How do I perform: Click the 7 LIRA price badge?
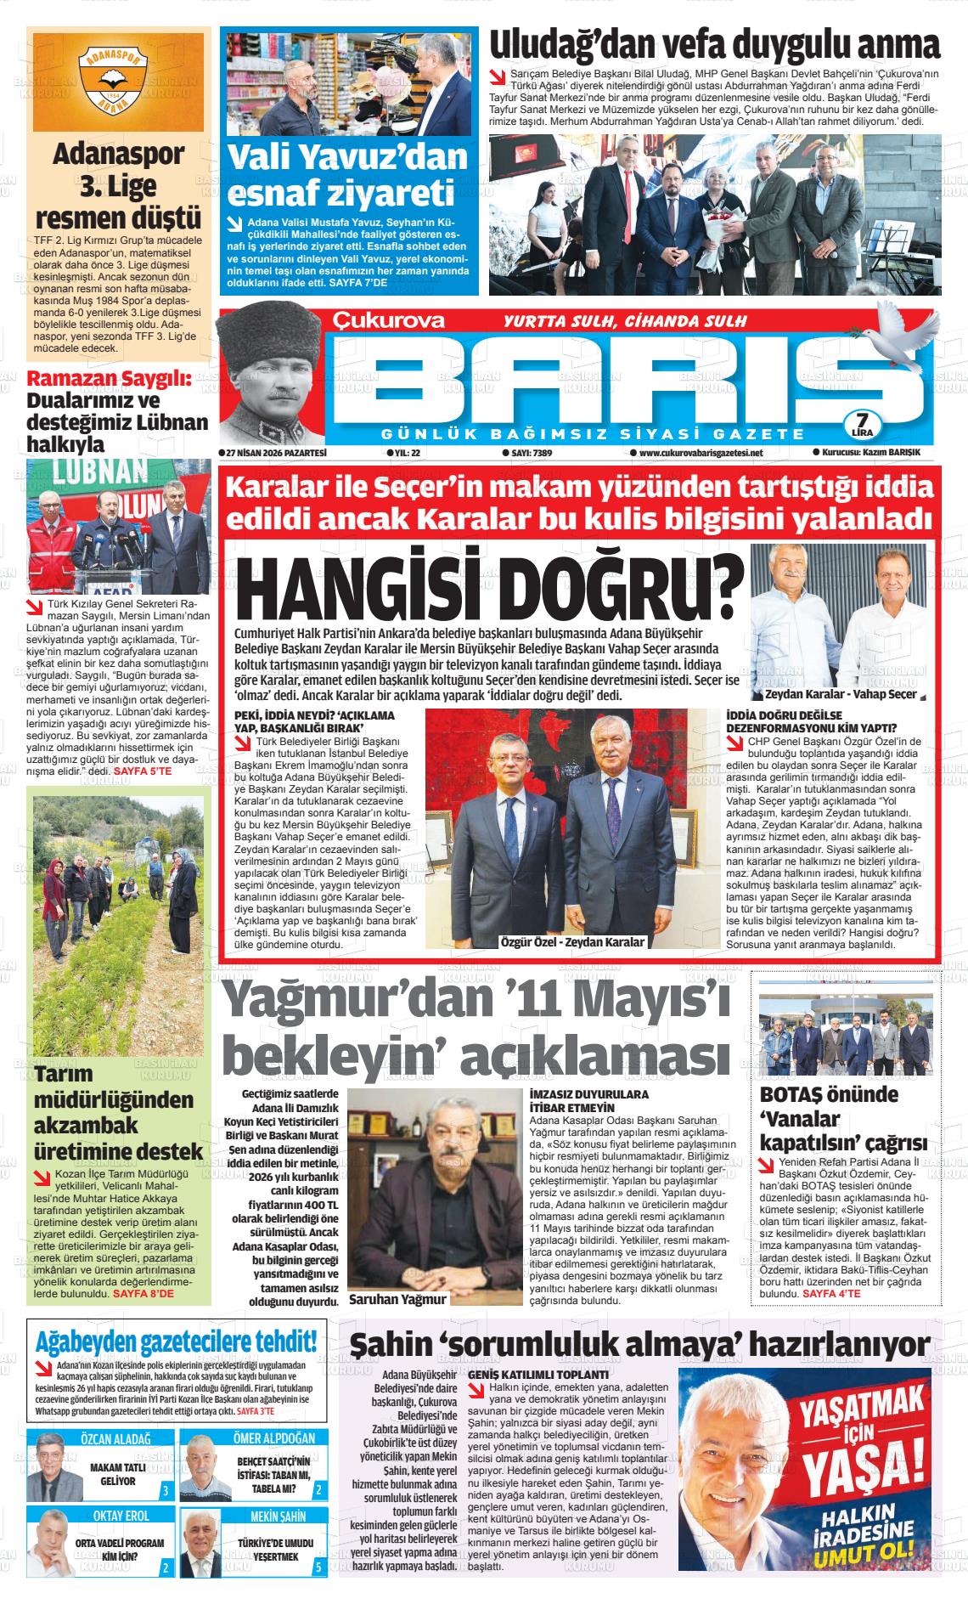pyautogui.click(x=861, y=423)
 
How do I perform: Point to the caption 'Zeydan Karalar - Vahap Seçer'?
pyautogui.click(x=839, y=694)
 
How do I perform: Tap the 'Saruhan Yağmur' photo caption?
pyautogui.click(x=397, y=1299)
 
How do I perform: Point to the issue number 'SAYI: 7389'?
pyautogui.click(x=526, y=454)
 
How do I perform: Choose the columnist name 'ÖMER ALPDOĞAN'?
pyautogui.click(x=273, y=1438)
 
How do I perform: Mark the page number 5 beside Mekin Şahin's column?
pyautogui.click(x=318, y=1567)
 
